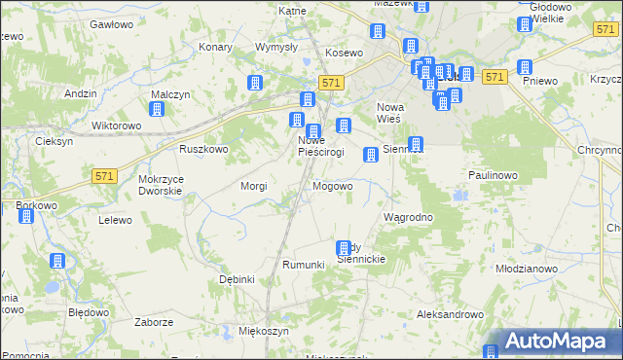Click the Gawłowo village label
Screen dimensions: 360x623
[110, 22]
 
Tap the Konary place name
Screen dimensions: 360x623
[214, 47]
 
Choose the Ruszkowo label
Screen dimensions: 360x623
[202, 149]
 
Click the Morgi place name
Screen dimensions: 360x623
[254, 185]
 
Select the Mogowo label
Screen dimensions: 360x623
[332, 185]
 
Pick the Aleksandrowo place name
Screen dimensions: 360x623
[450, 314]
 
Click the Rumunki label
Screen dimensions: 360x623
[302, 265]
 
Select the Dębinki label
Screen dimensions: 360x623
[237, 279]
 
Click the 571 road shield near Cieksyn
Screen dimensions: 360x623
[105, 176]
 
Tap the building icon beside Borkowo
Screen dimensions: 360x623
[26, 215]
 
